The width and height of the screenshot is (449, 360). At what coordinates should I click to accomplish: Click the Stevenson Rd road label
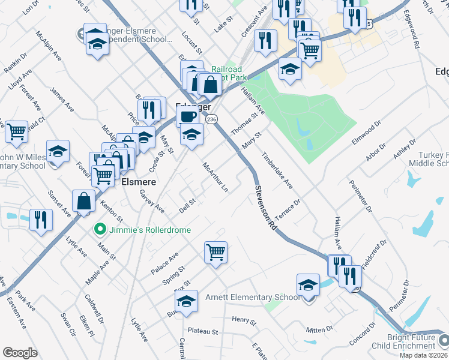coord(265,208)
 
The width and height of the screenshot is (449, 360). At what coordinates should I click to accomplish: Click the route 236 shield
coord(211,120)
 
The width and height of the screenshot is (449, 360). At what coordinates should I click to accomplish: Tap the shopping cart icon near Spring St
coord(215,252)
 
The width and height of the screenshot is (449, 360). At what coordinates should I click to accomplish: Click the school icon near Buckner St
coord(187,302)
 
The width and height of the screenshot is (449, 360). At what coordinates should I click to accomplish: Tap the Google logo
coord(20,353)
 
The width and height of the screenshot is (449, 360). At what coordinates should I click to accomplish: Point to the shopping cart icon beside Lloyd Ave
coord(16,131)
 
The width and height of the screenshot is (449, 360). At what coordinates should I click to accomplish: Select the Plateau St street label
coord(203,331)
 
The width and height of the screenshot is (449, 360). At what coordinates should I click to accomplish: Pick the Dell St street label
coord(188,206)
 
